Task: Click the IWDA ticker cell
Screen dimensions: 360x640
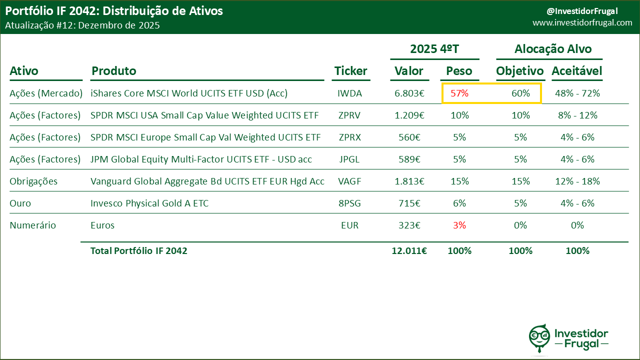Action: [x=349, y=93]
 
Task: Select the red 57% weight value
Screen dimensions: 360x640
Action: [x=459, y=93]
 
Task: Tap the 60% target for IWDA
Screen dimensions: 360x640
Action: [x=520, y=93]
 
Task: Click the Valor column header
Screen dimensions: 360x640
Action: [x=409, y=71]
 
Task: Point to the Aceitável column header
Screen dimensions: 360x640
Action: [x=576, y=71]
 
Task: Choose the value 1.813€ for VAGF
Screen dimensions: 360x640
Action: [x=409, y=181]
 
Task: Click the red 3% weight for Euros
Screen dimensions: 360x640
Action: [x=459, y=225]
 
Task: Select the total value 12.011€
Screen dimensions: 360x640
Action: [x=409, y=251]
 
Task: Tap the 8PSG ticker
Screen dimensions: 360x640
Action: [x=349, y=203]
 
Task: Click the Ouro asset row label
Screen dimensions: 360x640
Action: [x=19, y=203]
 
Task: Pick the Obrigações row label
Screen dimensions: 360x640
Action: [x=33, y=181]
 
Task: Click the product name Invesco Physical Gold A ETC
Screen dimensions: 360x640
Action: [x=149, y=203]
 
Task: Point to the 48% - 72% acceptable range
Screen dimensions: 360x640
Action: [x=577, y=93]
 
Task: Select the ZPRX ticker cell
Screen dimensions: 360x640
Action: [x=349, y=137]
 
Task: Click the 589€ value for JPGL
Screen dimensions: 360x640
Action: [x=409, y=159]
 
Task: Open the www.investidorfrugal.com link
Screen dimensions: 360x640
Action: [x=582, y=23]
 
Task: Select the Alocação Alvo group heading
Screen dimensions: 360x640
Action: [x=552, y=49]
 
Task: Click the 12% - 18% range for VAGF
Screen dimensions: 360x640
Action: [x=577, y=181]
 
